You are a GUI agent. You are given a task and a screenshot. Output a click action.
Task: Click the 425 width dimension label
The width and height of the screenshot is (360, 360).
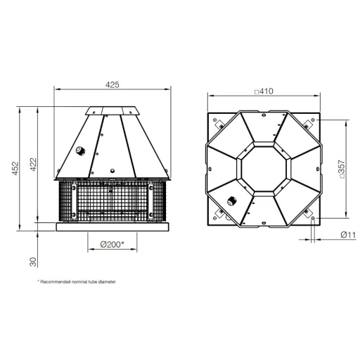[112, 84]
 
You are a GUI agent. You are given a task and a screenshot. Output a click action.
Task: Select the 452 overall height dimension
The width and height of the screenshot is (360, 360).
[15, 168]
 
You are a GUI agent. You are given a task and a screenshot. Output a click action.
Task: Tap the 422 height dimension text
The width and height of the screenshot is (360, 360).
[34, 165]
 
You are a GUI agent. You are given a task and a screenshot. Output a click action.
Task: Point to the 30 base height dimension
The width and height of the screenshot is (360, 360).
[33, 262]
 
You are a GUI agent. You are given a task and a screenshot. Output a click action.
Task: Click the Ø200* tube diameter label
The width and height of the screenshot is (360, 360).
[112, 245]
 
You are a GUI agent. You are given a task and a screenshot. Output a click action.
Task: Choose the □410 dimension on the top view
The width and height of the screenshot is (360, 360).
[264, 91]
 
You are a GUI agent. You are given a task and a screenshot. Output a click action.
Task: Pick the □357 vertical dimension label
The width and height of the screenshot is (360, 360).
[342, 169]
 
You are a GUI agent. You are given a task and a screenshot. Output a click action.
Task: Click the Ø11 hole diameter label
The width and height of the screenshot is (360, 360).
[348, 235]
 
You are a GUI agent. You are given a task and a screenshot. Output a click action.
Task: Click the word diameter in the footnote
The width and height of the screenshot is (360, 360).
[107, 282]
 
